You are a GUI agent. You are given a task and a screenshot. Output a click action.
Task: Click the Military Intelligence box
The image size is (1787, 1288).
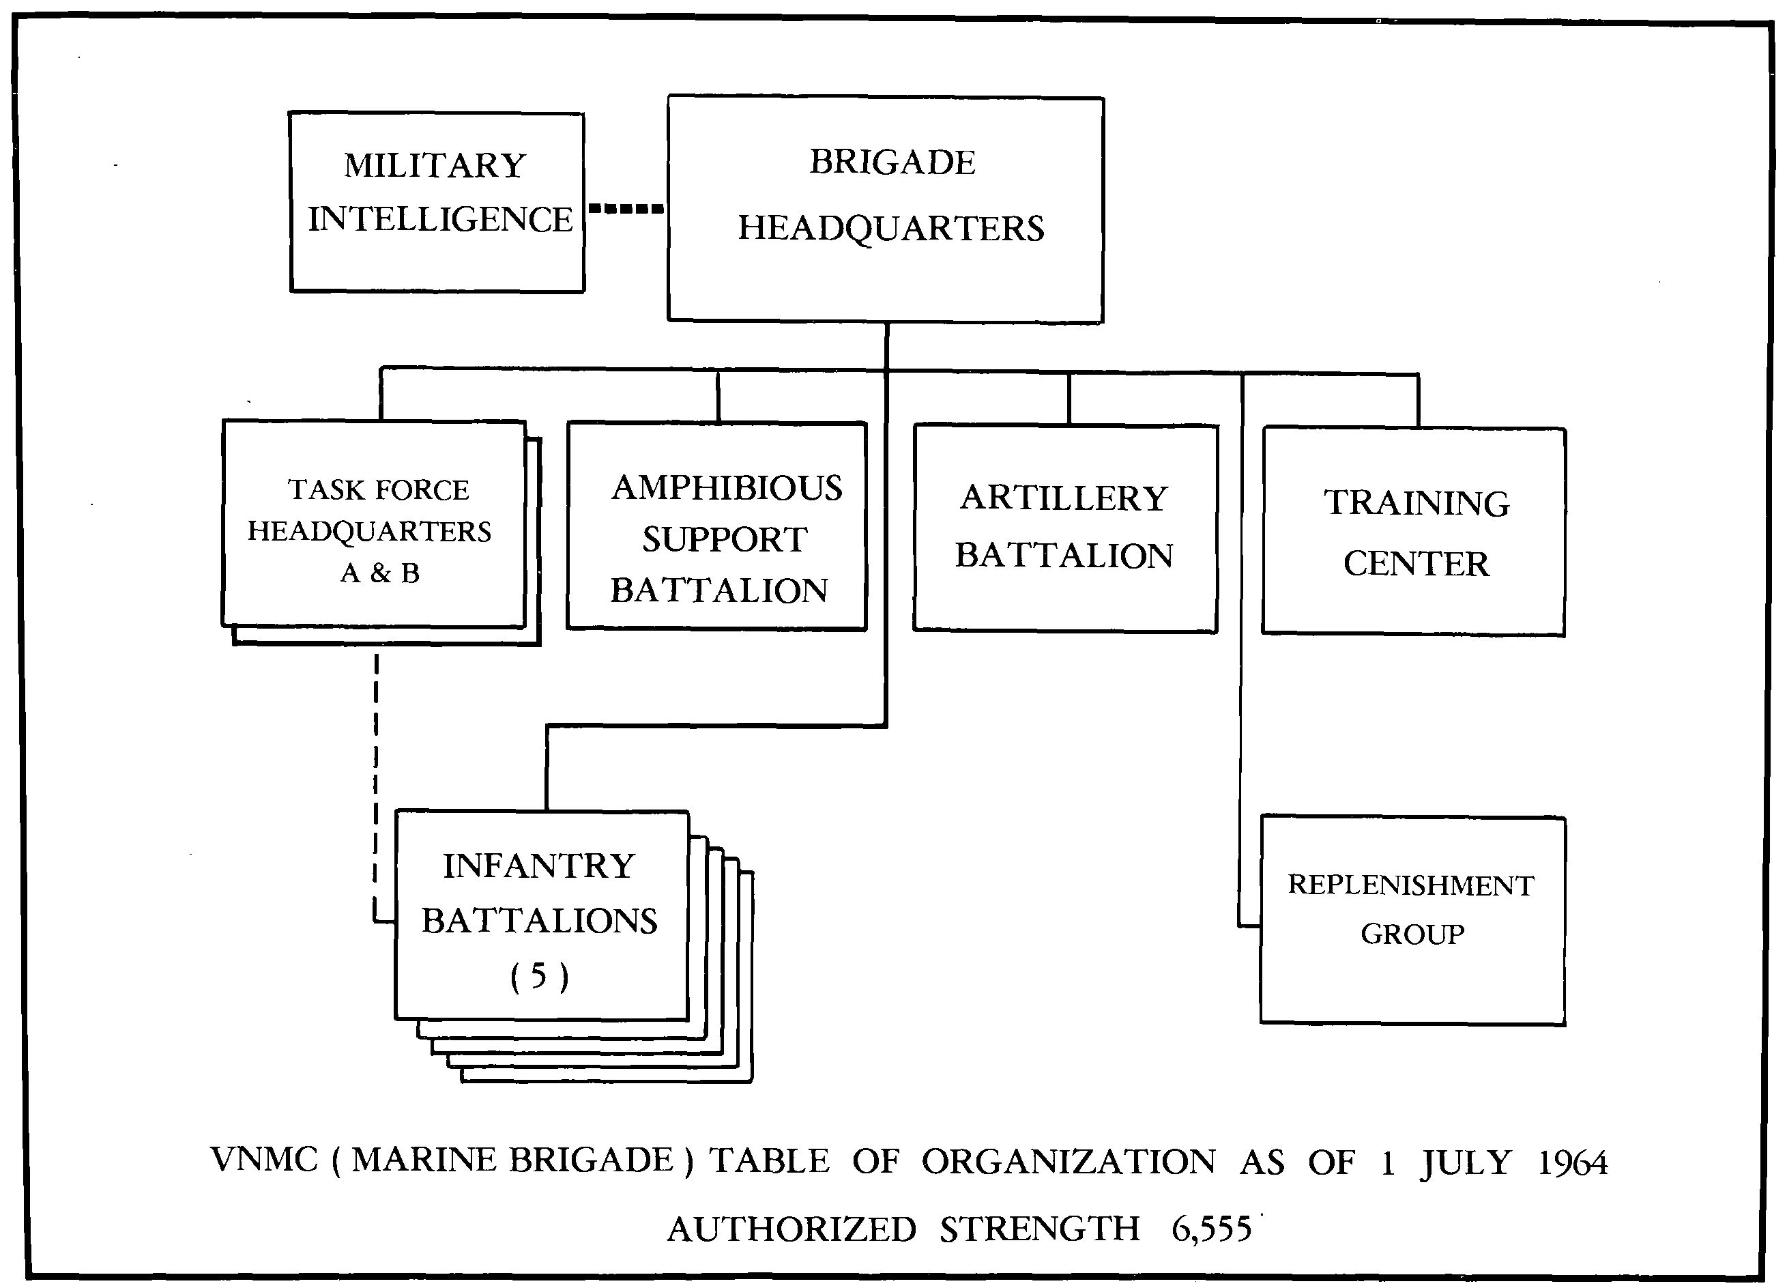coord(437,203)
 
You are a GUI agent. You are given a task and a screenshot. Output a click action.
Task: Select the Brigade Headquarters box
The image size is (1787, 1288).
coord(885,209)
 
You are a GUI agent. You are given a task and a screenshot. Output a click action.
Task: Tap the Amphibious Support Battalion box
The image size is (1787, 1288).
coord(717,526)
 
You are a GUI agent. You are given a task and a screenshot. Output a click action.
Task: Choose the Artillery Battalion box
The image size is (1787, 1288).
coord(1065,528)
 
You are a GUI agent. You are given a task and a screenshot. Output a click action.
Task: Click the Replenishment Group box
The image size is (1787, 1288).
coord(1412,920)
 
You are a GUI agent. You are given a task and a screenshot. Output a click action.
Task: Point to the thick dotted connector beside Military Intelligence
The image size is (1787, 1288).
coord(626,209)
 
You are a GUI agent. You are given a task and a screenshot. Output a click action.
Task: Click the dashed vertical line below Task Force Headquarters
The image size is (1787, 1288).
coord(376,780)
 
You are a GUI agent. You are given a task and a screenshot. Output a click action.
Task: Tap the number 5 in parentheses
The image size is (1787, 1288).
coord(539,976)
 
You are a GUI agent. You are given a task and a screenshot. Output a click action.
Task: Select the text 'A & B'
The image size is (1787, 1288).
coord(380,573)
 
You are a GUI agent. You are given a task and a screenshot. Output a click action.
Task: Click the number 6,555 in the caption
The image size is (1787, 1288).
coord(1211,1229)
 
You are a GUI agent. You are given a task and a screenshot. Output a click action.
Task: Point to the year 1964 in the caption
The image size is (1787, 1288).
coord(1572,1162)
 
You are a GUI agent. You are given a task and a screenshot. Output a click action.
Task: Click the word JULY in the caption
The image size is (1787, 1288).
coord(1466,1162)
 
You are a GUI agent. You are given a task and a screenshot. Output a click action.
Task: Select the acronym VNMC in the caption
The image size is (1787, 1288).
coord(264,1160)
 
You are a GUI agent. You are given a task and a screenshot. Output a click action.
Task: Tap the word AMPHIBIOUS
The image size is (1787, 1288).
coord(727,488)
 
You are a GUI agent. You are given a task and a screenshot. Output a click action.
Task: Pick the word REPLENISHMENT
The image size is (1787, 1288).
coord(1411,885)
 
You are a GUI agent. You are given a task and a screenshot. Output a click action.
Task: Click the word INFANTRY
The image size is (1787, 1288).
coord(539,866)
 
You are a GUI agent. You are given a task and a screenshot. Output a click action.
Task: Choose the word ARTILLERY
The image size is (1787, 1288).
coord(1064,498)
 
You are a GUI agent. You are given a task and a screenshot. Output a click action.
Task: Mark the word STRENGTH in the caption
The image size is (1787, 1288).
coord(1039,1229)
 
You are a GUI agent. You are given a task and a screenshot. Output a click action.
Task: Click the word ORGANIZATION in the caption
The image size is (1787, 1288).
coord(1069,1162)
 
